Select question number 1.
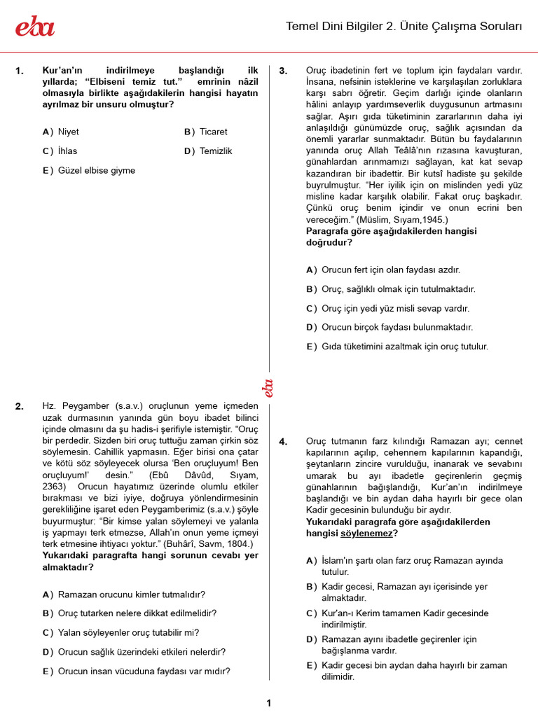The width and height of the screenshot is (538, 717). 19,71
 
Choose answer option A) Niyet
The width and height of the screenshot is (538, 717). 61,132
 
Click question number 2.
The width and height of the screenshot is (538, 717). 19,406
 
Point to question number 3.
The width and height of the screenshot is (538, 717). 283,71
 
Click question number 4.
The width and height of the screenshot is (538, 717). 283,442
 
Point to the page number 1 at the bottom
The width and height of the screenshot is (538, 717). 269,703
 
